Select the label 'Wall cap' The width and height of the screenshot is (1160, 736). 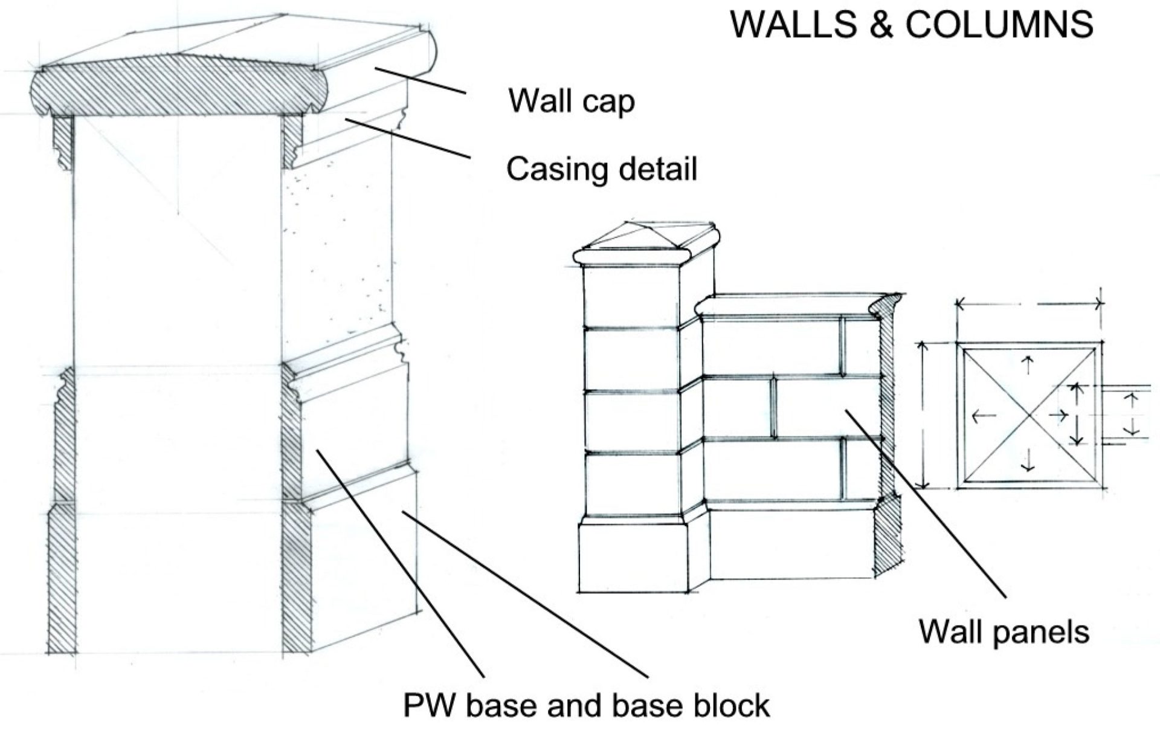[x=572, y=101]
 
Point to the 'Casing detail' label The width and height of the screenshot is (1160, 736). [x=602, y=169]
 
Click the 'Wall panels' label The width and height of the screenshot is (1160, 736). [x=1004, y=631]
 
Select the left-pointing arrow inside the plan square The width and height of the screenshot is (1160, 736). [x=984, y=416]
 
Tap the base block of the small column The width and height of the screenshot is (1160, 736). [x=634, y=557]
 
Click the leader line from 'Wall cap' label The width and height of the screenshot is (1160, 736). [x=420, y=81]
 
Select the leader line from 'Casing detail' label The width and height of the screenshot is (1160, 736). [x=407, y=138]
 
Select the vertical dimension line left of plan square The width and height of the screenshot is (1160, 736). [x=922, y=415]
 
